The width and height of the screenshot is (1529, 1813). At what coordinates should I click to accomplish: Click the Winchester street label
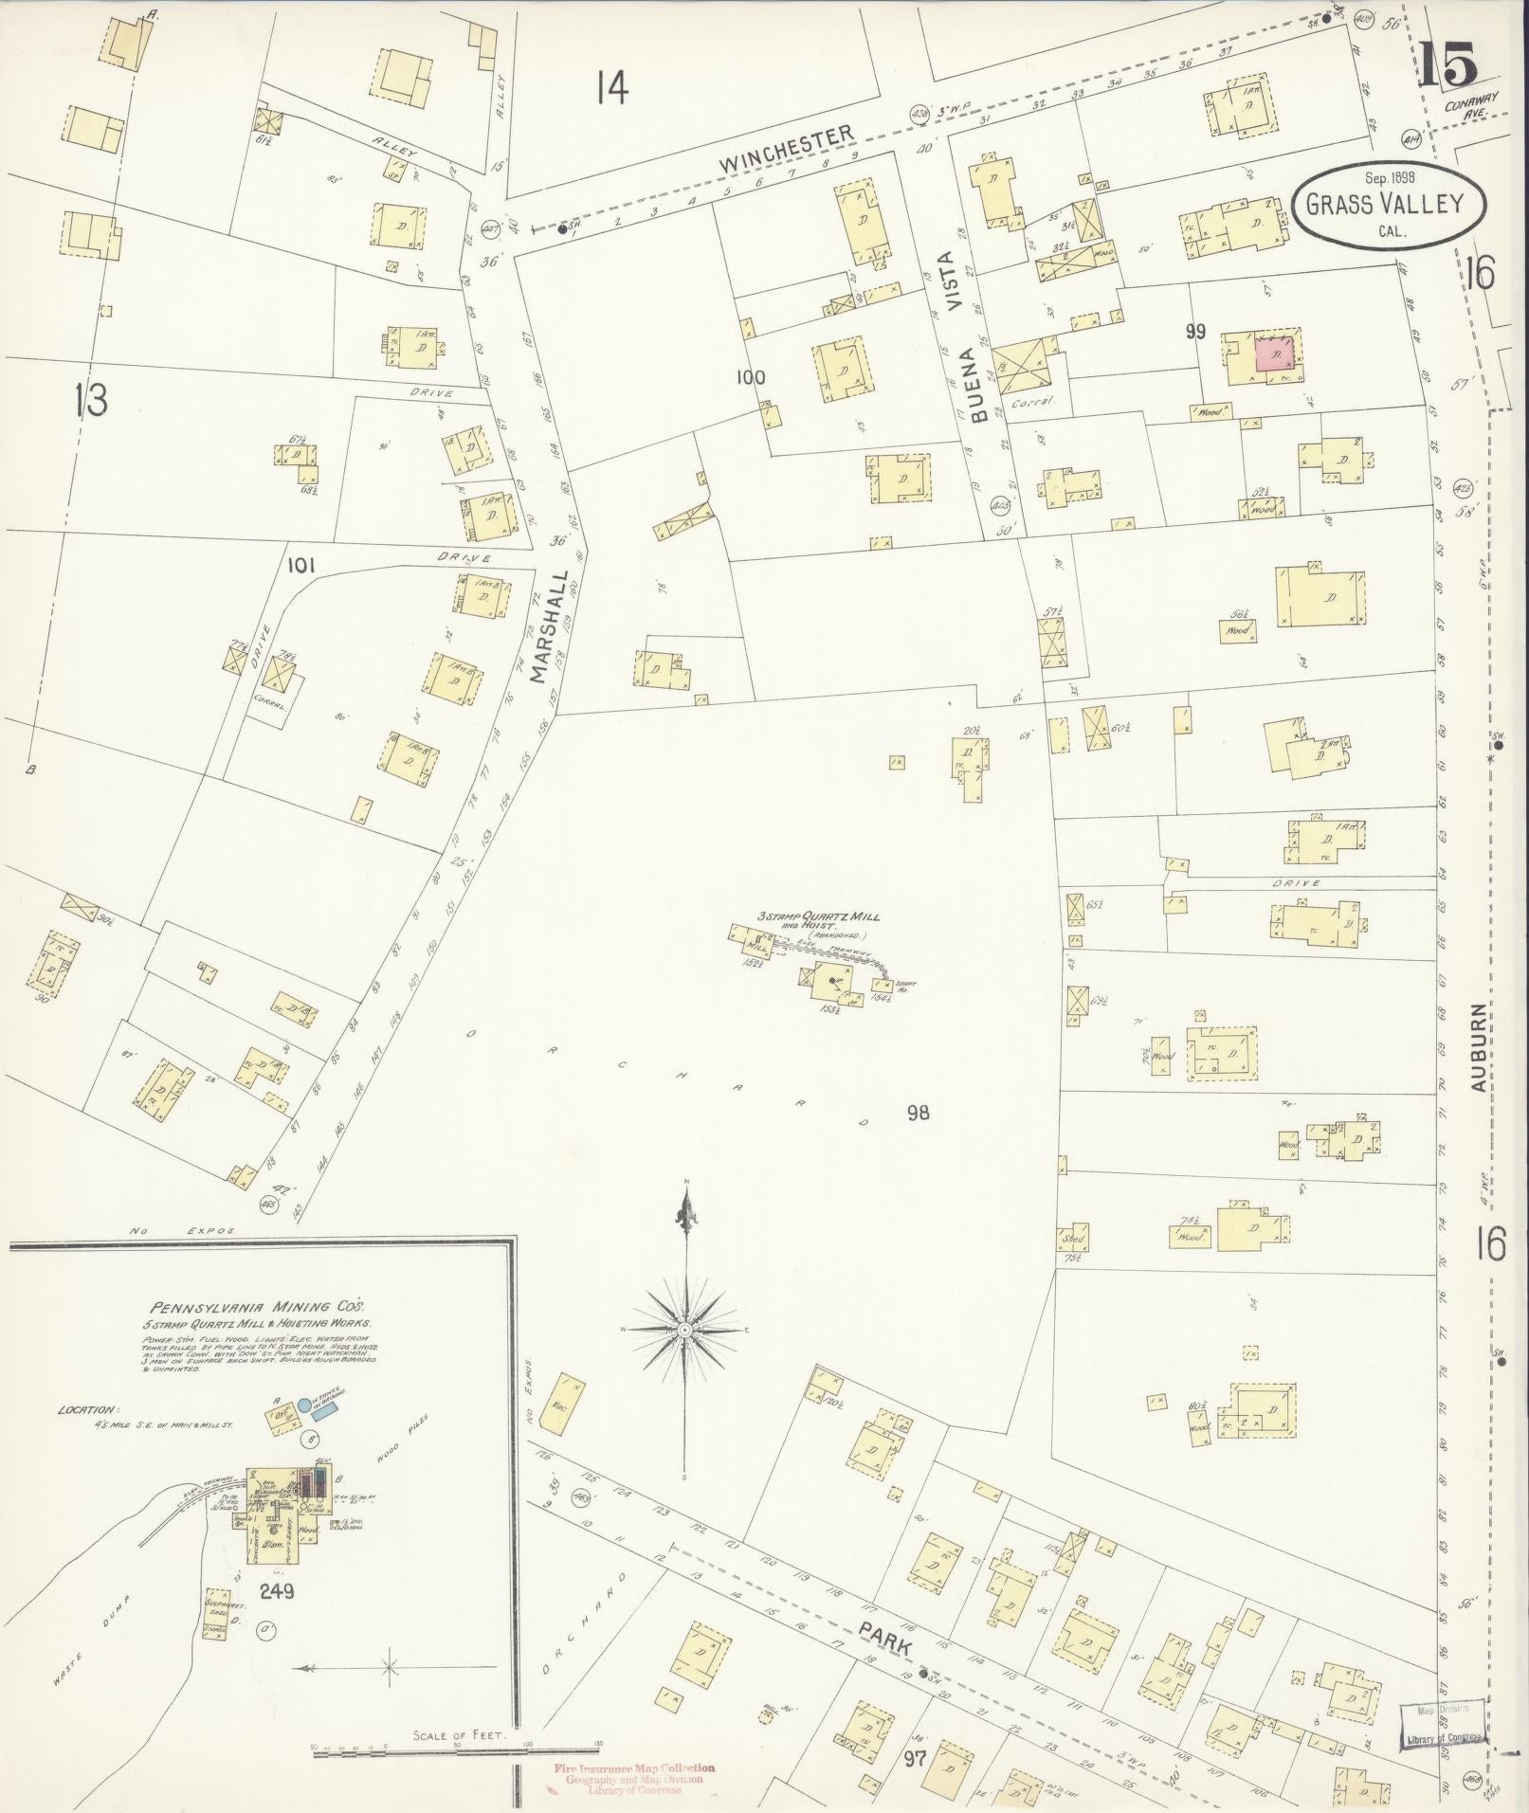tap(786, 151)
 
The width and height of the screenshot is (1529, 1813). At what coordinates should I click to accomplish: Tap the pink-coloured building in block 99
tap(1276, 354)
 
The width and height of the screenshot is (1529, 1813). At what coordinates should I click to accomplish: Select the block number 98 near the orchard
tap(917, 1113)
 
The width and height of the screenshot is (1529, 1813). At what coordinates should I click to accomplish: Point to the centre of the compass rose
tap(684, 1332)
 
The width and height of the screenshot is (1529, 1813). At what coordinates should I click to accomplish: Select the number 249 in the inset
tap(280, 1590)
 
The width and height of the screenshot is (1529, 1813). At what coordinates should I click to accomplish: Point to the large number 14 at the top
tap(612, 89)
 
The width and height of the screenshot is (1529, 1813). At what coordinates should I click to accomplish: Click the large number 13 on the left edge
tap(92, 402)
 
